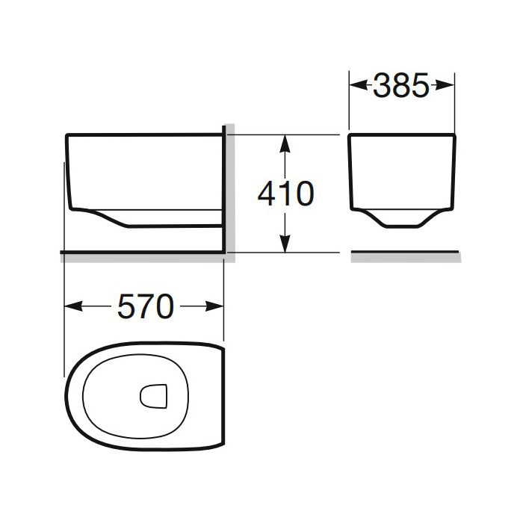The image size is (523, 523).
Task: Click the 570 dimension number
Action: (146, 306)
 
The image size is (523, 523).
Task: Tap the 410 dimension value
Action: (286, 194)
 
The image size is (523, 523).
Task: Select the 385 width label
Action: (401, 86)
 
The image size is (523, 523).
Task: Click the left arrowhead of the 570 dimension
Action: (73, 306)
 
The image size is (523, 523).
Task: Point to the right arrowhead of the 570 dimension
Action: (214, 306)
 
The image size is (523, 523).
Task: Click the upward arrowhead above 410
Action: (285, 143)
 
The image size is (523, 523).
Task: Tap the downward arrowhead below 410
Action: (285, 244)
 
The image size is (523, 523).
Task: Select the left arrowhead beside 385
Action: (359, 85)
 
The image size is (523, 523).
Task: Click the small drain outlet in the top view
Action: (153, 396)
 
